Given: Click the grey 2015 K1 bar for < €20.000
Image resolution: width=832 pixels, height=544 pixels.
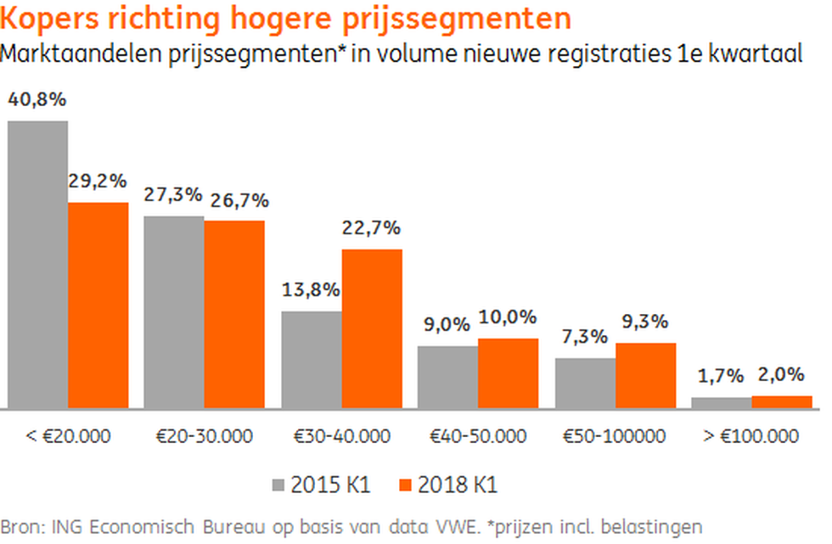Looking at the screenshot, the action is pos(37,265).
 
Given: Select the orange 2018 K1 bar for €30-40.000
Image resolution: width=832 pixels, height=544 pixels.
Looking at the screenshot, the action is pos(372,328).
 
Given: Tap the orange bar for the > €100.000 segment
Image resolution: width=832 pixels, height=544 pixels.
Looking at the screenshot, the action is pos(782,402).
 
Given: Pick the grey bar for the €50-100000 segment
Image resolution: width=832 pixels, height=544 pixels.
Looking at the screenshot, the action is pos(585,383).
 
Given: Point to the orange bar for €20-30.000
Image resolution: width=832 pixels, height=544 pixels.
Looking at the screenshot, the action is pos(234,314).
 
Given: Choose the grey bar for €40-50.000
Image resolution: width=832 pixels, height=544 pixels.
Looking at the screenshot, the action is pos(448,377).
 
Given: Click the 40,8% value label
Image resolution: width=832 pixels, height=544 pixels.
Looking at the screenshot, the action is pos(37,99).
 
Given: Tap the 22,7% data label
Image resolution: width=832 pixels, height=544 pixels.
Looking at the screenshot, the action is pos(372,228).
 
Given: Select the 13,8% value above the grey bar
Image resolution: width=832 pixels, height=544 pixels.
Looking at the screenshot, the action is pos(311,290).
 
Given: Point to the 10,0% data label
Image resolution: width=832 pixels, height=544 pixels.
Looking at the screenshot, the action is pos(508,317).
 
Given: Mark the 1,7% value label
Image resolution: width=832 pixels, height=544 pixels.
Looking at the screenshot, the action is pos(721,376).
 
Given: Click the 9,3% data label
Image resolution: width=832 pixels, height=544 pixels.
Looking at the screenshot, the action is pos(645,322).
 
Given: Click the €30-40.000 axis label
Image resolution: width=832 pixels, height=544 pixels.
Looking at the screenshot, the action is pos(342,436).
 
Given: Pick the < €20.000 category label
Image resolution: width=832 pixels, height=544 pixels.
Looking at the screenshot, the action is pos(68,436).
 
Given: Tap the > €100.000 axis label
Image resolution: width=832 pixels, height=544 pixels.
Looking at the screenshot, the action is pos(750,436).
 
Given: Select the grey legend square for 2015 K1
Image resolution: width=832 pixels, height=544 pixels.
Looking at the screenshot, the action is pos(278,485).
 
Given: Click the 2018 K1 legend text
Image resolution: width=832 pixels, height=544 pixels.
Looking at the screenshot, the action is pos(458,485).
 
